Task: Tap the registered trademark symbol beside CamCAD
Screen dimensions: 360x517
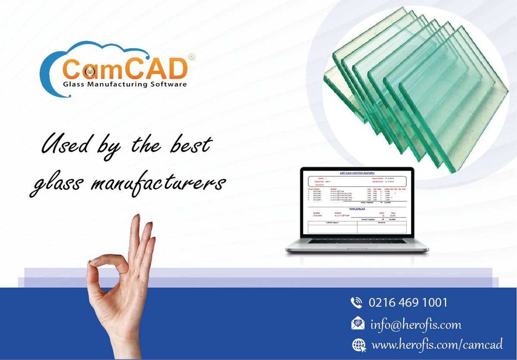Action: pos(192,56)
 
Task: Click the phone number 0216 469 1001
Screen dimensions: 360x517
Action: pos(408,302)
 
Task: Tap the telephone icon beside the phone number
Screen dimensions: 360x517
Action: pos(357,302)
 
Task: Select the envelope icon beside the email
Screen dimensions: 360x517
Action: pos(358,323)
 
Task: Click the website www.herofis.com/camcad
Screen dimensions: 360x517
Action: pos(437,344)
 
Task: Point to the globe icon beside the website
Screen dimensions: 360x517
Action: pos(358,344)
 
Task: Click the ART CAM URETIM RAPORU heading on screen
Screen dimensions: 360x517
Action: pos(357,173)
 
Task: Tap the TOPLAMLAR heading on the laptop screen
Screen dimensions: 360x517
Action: pos(357,208)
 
